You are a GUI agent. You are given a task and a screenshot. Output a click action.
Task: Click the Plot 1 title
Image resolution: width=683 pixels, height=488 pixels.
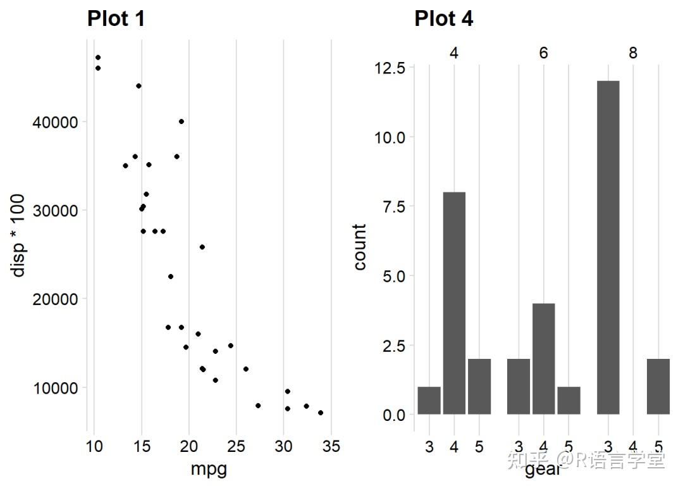coord(116,19)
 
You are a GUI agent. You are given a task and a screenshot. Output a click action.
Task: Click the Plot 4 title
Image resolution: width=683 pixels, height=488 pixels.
coord(443,19)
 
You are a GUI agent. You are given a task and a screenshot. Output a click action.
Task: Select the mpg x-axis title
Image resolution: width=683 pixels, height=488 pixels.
coord(209,470)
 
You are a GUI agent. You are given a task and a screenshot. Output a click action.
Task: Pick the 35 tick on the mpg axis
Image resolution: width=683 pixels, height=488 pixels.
coord(331,447)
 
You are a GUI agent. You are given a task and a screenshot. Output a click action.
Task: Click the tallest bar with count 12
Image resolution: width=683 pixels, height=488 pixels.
coord(608,247)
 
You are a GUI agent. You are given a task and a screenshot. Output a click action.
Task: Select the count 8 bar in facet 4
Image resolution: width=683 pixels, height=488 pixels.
coord(454,303)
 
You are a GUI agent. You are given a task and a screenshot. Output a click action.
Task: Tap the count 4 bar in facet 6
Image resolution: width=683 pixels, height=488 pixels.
coord(544,359)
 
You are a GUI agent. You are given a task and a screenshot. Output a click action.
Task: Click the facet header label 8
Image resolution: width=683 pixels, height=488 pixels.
coord(633,53)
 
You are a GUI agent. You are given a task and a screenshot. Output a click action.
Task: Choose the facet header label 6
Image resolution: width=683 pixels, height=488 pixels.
coord(543,53)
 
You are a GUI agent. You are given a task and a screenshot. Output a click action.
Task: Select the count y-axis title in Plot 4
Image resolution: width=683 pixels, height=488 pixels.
coord(360,247)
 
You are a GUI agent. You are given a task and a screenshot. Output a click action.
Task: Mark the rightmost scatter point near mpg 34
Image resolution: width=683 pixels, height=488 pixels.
coord(321,413)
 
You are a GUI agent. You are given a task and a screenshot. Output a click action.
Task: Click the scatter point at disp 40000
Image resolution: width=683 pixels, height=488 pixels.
coord(182,122)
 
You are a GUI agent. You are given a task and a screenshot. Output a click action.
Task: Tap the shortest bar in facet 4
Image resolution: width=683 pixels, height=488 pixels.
coord(429,401)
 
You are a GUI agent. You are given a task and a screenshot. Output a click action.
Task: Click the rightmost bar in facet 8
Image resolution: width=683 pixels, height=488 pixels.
coord(658,387)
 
